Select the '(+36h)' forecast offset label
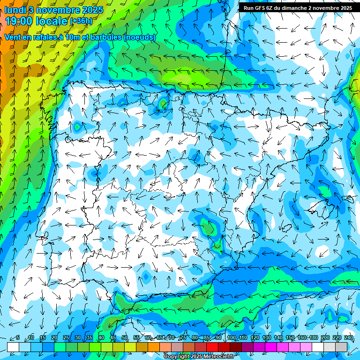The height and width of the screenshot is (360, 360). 82,21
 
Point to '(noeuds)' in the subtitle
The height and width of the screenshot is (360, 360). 139,37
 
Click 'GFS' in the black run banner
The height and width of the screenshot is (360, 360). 261,8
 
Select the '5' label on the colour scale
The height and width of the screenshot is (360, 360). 18,337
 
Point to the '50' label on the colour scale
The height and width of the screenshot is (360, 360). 124,337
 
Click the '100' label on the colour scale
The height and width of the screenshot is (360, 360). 232,337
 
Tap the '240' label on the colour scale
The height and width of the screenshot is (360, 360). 348,337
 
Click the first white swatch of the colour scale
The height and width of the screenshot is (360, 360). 13,346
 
